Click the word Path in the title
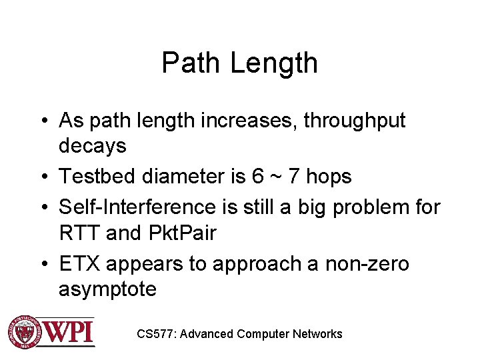click(x=191, y=63)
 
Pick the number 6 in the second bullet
click(x=259, y=176)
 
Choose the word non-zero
click(x=367, y=263)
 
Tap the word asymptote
click(x=108, y=289)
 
